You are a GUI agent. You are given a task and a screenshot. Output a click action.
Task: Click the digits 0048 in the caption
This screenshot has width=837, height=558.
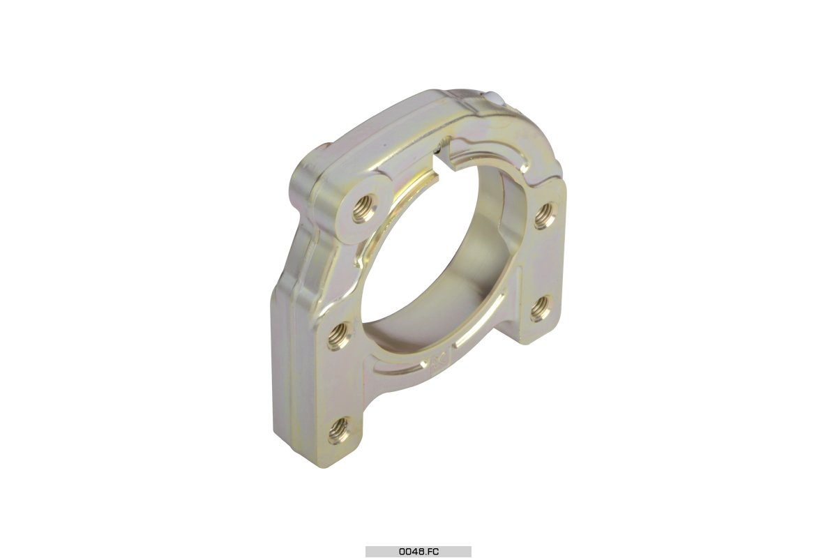(409, 552)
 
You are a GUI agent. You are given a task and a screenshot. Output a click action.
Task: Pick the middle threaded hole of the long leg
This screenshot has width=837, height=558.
(340, 335)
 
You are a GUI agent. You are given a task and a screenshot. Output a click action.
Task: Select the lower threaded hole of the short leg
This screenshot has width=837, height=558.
(541, 308)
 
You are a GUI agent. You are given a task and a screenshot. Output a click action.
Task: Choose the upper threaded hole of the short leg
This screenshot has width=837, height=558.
(545, 214)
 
